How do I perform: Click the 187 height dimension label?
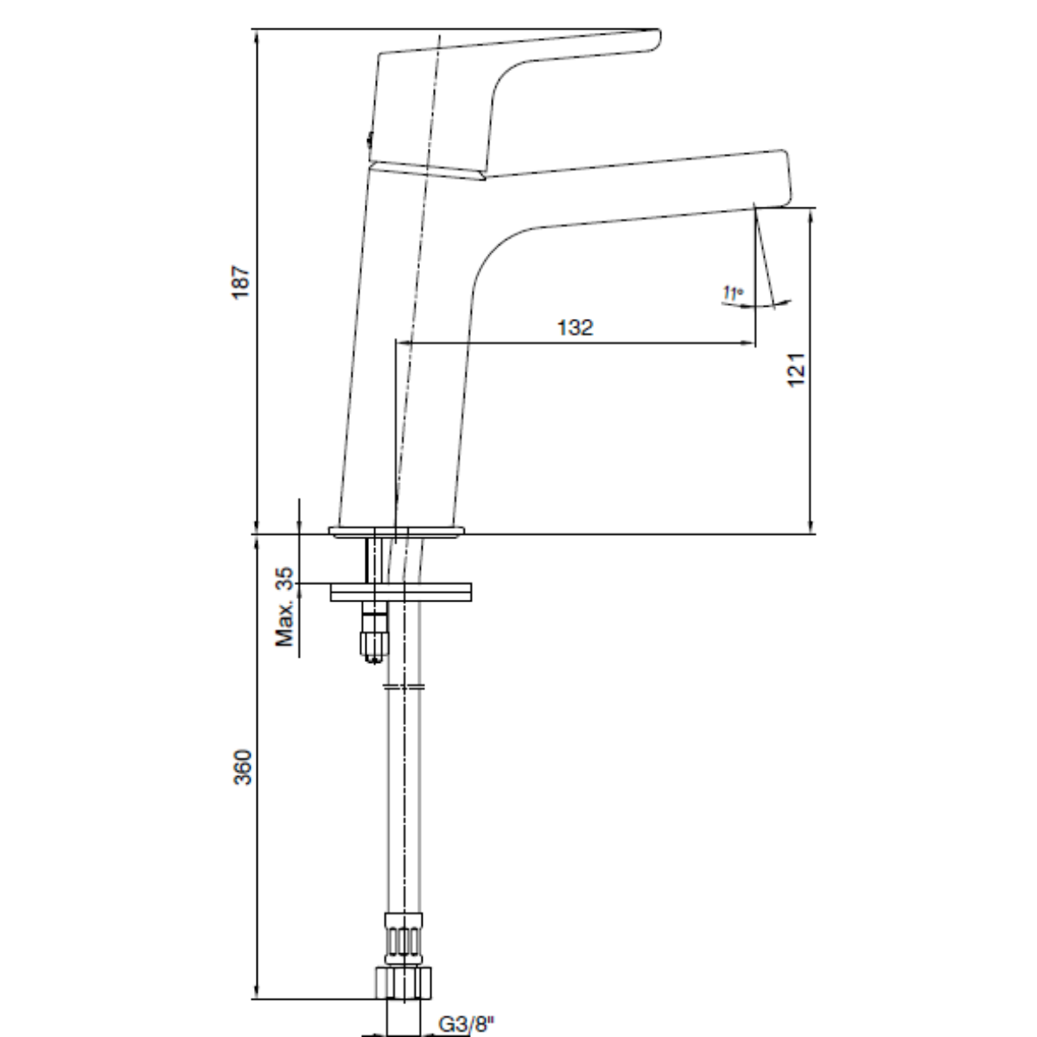(240, 282)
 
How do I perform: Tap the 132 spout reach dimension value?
(575, 328)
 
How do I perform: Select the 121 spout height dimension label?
(796, 369)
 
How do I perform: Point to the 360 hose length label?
(242, 767)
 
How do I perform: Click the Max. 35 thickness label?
(284, 607)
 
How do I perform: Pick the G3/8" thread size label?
(466, 1023)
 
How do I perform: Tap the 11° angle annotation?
(733, 293)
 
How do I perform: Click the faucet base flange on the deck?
(397, 531)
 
